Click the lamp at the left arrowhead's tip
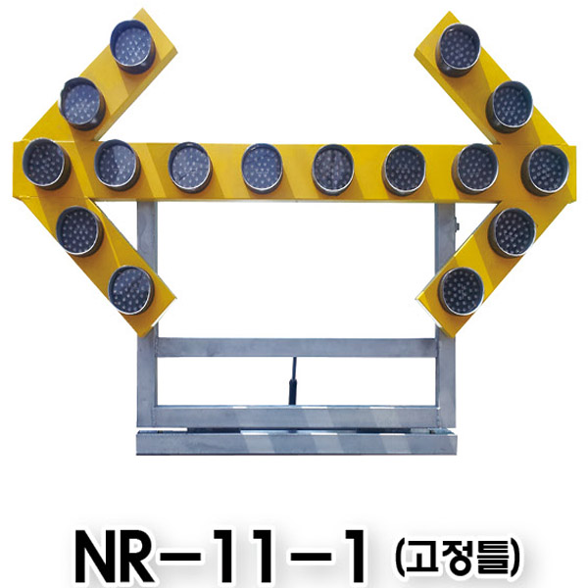[46, 164]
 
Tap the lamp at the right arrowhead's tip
[545, 171]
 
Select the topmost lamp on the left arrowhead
[132, 46]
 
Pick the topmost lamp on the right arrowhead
[459, 50]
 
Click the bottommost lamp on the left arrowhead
[131, 290]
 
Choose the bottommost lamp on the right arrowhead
[462, 292]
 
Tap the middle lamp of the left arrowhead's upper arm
[82, 103]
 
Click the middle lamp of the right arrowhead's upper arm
[510, 107]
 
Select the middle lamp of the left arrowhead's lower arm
[80, 231]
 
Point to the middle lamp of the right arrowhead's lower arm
[513, 232]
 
